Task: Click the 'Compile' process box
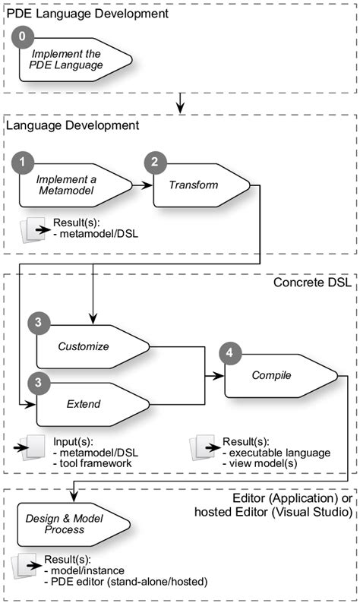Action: click(x=277, y=375)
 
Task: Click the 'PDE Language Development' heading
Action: click(x=87, y=14)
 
